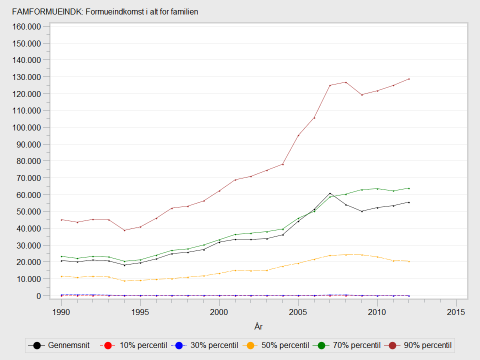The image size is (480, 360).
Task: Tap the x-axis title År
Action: coord(258,327)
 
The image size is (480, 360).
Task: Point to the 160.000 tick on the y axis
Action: coord(28,26)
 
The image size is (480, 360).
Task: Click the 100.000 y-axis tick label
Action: coord(28,127)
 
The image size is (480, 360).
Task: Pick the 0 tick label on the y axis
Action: coord(39,296)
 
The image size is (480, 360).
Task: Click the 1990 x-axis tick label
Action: coord(61,312)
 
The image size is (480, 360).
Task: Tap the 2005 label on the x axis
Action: coord(298,312)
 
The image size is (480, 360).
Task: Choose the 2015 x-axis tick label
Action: coord(456,312)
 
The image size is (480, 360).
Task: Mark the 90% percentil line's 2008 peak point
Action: coord(345,82)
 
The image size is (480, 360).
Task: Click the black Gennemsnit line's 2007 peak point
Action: coord(330,193)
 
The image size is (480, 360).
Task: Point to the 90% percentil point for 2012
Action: coord(409,78)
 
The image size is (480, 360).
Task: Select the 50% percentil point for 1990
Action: coord(61,276)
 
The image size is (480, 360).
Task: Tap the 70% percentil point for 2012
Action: coord(409,188)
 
